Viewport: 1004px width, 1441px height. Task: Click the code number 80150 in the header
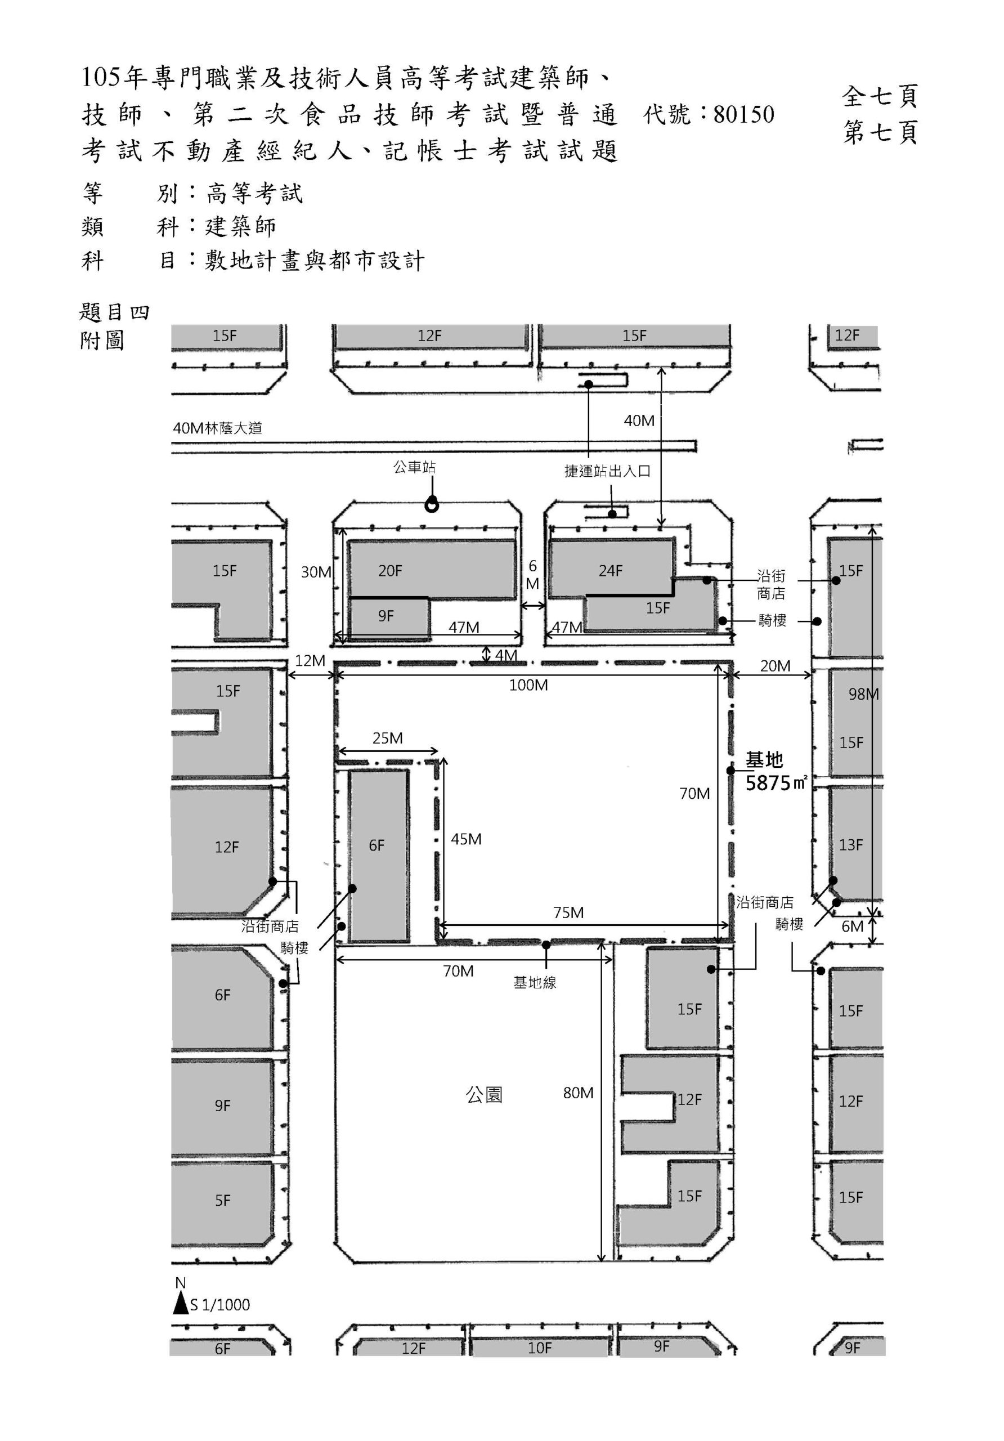point(743,115)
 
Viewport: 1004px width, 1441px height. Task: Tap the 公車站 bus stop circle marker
point(431,504)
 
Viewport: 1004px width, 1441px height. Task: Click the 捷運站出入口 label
point(607,471)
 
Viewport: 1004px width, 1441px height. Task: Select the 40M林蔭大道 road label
point(217,428)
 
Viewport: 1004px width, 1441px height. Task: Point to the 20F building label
point(389,571)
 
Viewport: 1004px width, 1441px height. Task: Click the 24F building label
point(610,571)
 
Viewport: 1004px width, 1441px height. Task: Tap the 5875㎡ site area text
point(776,783)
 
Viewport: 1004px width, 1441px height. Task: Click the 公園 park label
point(484,1095)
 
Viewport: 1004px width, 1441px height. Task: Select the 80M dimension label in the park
point(578,1093)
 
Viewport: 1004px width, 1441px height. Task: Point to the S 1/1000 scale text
point(220,1305)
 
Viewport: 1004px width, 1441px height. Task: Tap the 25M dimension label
point(387,738)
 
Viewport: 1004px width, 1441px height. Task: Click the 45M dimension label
point(466,839)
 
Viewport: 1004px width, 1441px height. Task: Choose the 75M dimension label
point(568,912)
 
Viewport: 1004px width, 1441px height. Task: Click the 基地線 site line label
point(535,983)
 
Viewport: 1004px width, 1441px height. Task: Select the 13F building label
point(850,845)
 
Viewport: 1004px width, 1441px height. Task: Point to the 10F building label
point(539,1348)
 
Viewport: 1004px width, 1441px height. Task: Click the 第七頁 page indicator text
point(880,132)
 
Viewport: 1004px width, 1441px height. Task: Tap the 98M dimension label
point(863,694)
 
